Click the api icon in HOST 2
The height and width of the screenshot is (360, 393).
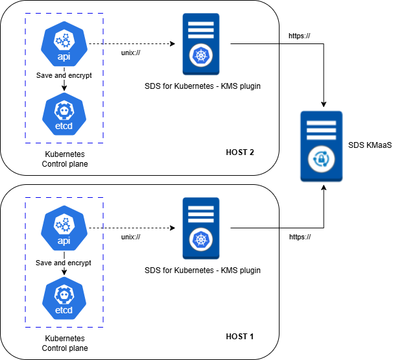click(x=64, y=45)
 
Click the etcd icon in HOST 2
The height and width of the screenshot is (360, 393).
click(x=64, y=114)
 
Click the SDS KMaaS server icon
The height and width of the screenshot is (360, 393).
click(x=322, y=146)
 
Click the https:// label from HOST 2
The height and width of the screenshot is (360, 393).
click(x=299, y=36)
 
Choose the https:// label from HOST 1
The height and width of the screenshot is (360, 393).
click(x=299, y=237)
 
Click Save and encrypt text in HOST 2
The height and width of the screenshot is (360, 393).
click(x=64, y=75)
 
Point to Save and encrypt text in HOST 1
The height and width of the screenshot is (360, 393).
click(x=64, y=263)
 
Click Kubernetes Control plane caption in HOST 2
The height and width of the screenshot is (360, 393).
click(x=64, y=160)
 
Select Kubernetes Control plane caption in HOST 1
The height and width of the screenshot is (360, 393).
click(x=64, y=344)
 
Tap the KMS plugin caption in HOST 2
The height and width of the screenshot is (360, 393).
click(x=203, y=86)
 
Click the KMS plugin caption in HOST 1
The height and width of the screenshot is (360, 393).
click(x=203, y=270)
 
